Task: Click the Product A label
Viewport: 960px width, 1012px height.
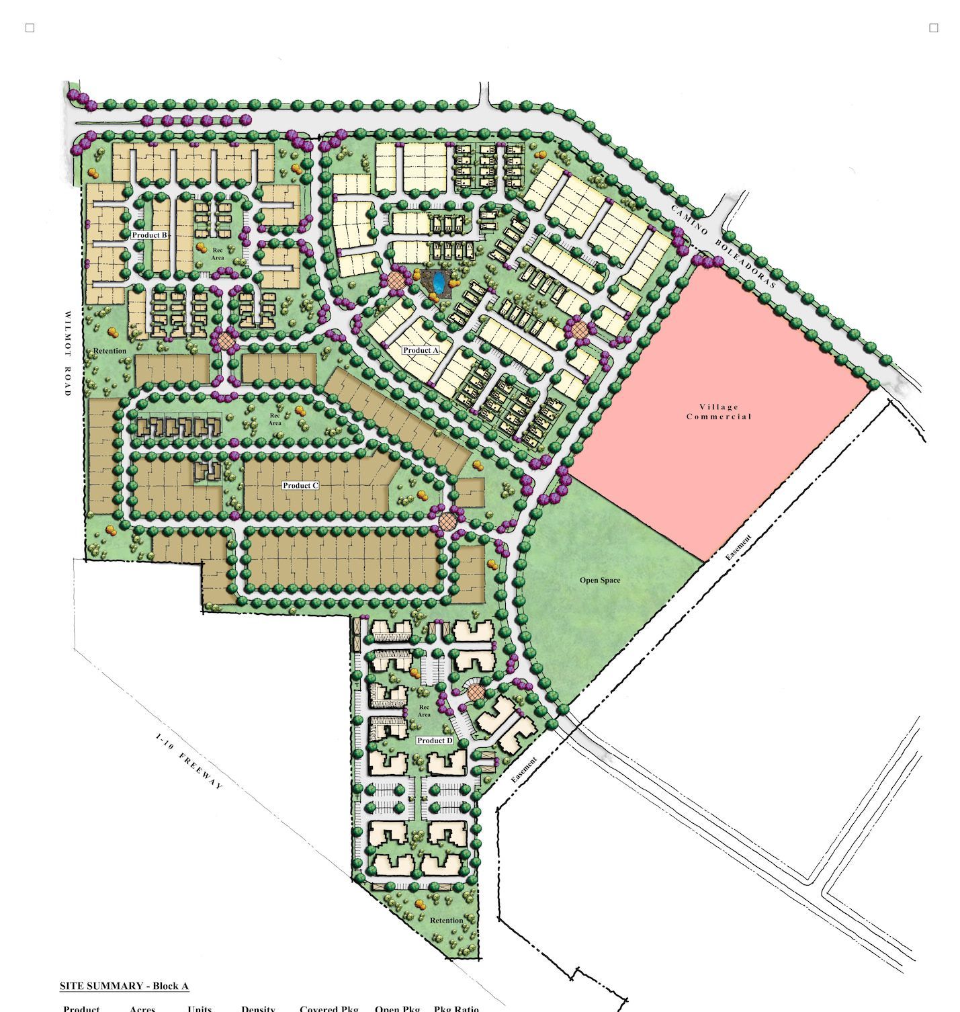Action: tap(421, 350)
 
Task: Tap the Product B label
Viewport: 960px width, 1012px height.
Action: tap(149, 235)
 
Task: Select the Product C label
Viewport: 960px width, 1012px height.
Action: tap(300, 485)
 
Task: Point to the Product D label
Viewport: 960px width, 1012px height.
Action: tap(435, 741)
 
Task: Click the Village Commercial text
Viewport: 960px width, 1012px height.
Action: tap(719, 412)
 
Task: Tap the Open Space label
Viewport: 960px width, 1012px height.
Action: tap(600, 580)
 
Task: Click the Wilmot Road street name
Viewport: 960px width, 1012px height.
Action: tap(67, 353)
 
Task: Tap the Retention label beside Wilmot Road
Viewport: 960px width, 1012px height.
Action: tap(110, 351)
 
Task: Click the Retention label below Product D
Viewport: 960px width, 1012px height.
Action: tap(446, 921)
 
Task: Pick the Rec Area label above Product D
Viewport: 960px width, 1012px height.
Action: tap(424, 711)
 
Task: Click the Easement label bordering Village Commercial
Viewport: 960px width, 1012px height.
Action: tap(738, 548)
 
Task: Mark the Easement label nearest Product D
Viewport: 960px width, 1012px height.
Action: tap(524, 770)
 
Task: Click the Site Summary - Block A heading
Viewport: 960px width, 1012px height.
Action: tap(124, 986)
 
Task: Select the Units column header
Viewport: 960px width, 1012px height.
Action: tap(200, 1008)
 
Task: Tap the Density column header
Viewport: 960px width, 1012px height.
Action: tap(258, 1008)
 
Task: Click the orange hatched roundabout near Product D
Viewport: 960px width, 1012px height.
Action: tap(475, 692)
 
